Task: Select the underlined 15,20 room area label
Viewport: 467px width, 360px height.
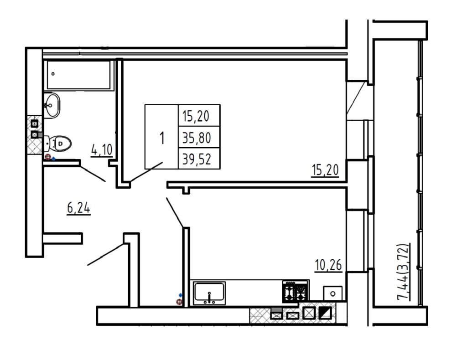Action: click(325, 170)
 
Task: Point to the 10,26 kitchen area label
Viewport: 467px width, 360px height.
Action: click(328, 265)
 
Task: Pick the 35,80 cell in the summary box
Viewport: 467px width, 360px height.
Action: click(197, 138)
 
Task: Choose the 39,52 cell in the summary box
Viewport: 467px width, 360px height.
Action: click(197, 159)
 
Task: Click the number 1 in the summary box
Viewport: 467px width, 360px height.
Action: click(162, 138)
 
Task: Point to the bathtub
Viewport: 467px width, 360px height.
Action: click(79, 75)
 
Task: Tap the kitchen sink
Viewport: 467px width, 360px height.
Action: click(209, 293)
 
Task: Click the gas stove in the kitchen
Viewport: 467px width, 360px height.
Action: click(296, 291)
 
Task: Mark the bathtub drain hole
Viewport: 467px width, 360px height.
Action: click(53, 73)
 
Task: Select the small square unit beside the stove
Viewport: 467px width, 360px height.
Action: click(332, 293)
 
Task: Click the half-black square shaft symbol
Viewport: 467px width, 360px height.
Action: click(325, 313)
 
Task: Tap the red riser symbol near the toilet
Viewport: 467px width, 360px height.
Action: click(47, 157)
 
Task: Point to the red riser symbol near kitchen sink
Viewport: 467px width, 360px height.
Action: click(179, 302)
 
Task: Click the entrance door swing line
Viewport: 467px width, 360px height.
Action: click(105, 254)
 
